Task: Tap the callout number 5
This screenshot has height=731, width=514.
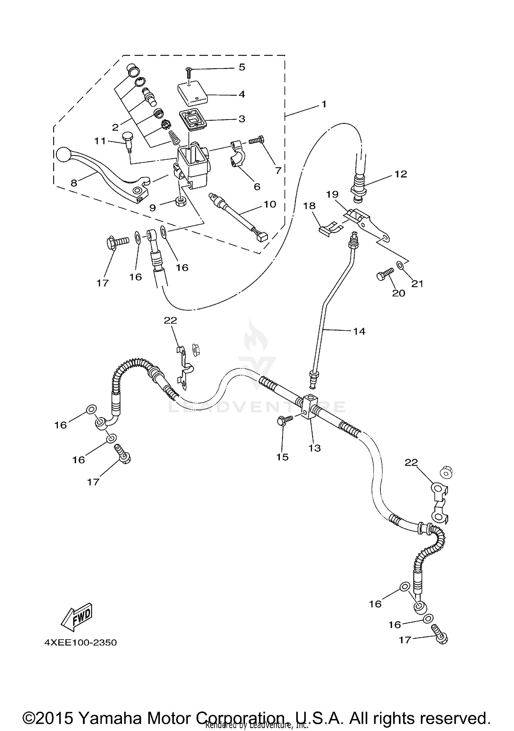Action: click(x=242, y=67)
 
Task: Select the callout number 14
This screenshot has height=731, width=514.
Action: click(x=359, y=331)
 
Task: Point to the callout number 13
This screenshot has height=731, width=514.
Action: click(x=315, y=448)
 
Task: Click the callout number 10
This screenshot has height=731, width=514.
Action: click(x=270, y=204)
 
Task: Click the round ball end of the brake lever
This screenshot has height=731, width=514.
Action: click(x=63, y=155)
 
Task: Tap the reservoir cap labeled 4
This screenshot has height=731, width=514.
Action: click(x=193, y=93)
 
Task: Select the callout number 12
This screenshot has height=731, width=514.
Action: click(x=401, y=174)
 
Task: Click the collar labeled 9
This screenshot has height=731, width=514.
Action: click(x=181, y=201)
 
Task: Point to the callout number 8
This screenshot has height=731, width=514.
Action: click(x=74, y=183)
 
